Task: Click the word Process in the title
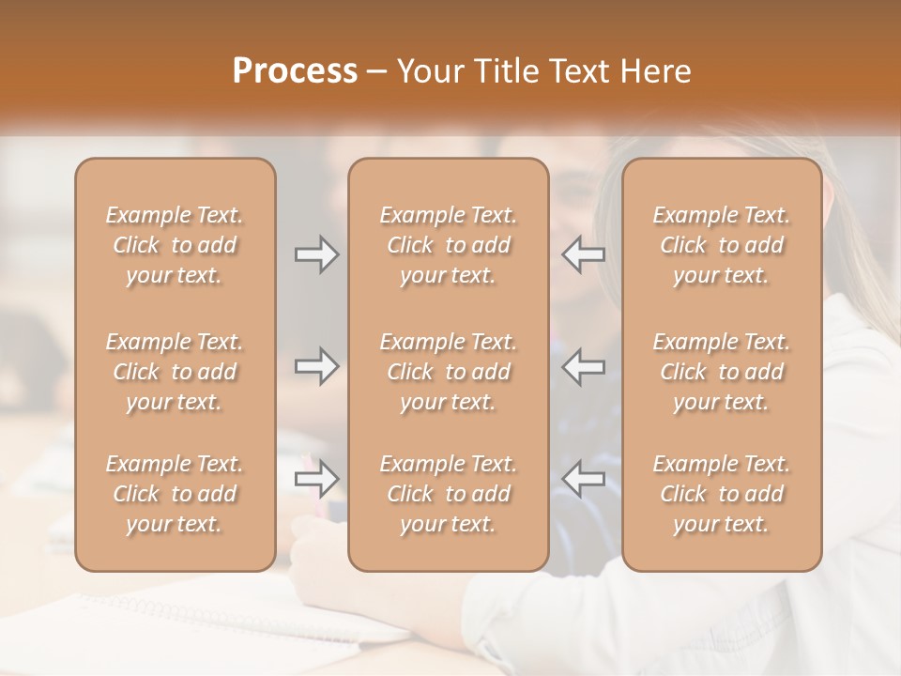[295, 71]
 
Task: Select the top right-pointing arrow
[316, 254]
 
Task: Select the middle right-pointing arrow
[316, 366]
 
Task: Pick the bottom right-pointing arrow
[316, 479]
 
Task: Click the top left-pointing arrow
[583, 254]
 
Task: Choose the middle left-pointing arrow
[583, 366]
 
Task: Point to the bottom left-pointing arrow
[583, 479]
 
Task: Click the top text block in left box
[175, 245]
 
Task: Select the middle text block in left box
[175, 372]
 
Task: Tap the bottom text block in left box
[175, 494]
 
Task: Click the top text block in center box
[449, 245]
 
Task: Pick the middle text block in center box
[449, 372]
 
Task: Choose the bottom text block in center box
[449, 494]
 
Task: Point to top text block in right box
[722, 245]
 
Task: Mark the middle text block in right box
[722, 372]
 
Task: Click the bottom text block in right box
[722, 494]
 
